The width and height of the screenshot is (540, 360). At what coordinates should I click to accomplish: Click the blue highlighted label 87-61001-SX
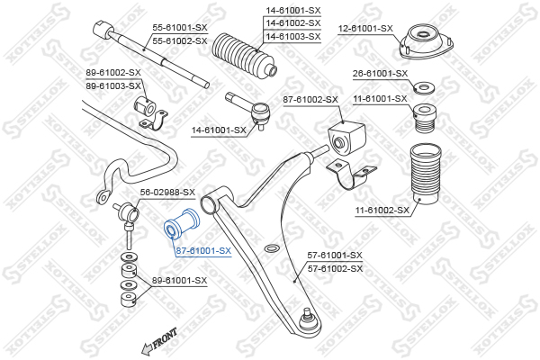203,251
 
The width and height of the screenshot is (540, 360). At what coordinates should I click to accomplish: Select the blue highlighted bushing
182,225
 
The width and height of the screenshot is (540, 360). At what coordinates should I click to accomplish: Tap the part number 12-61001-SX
365,28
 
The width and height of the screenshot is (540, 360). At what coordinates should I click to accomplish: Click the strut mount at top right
427,41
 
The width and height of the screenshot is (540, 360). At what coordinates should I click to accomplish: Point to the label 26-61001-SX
380,74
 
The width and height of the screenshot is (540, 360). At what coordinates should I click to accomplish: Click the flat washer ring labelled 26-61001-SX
423,87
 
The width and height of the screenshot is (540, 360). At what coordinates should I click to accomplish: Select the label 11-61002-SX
382,210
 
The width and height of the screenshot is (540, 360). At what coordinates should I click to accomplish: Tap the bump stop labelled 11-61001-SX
425,118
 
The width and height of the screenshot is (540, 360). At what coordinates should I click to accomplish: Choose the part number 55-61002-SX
180,41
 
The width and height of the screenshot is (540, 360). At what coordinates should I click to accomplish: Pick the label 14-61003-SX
293,37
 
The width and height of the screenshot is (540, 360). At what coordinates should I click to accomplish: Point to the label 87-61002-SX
310,100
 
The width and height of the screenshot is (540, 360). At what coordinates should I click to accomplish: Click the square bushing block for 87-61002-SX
346,138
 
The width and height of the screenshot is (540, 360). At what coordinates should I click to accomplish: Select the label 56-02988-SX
167,193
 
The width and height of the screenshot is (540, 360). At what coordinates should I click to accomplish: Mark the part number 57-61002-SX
335,268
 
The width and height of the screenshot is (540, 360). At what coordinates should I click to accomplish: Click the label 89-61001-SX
180,281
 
